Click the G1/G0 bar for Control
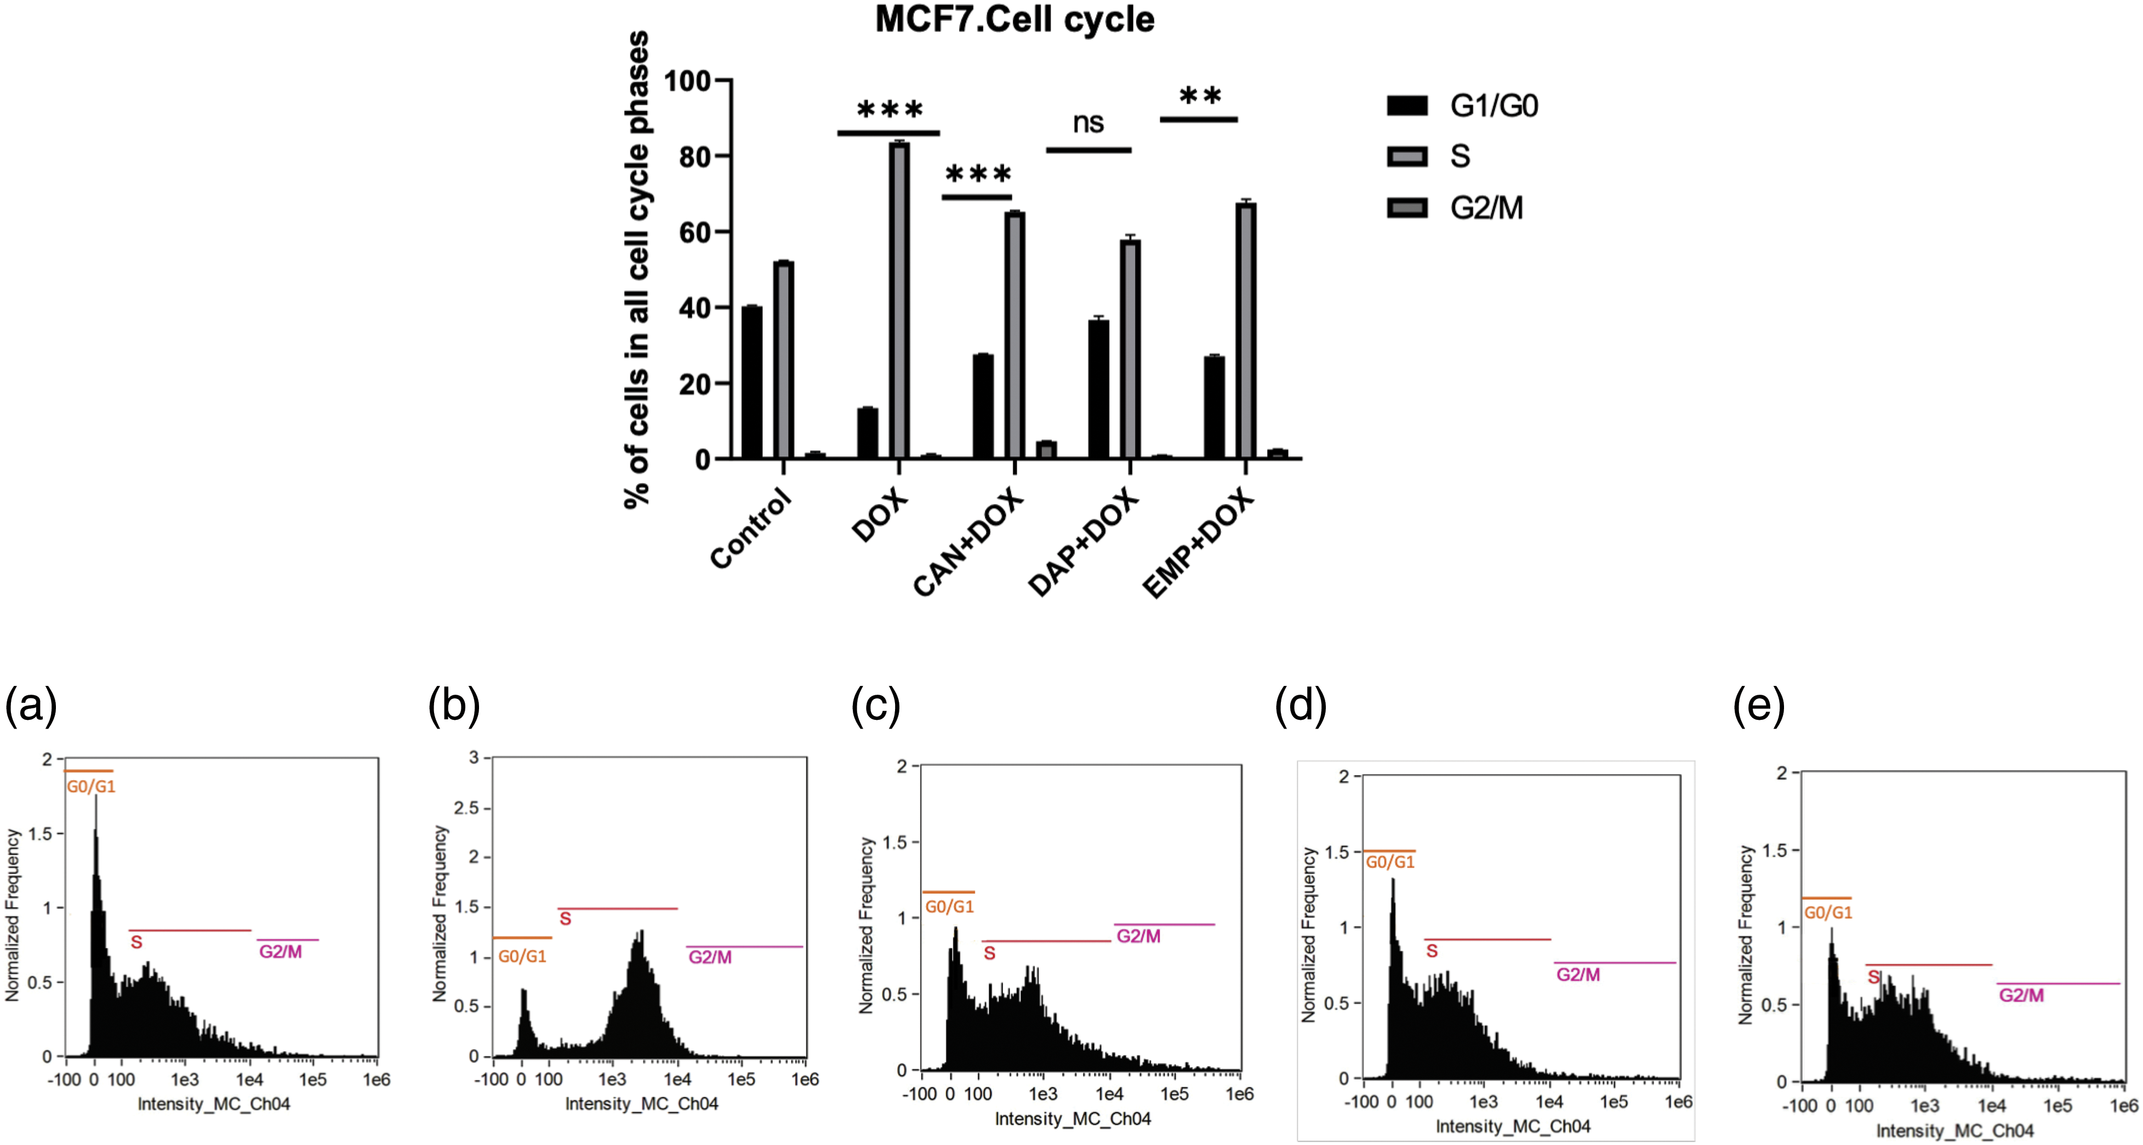(x=752, y=382)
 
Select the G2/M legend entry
(x=1456, y=208)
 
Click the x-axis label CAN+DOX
(x=967, y=542)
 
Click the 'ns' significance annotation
(x=1088, y=123)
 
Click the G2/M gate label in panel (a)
(x=281, y=951)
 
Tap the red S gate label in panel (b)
(x=565, y=919)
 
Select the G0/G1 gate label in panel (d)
(x=1389, y=862)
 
